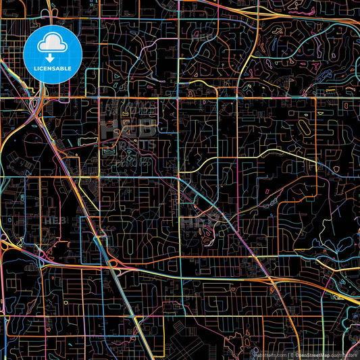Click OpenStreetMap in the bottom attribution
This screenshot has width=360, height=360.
(315, 354)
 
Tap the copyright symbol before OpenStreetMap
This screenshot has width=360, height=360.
(291, 354)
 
